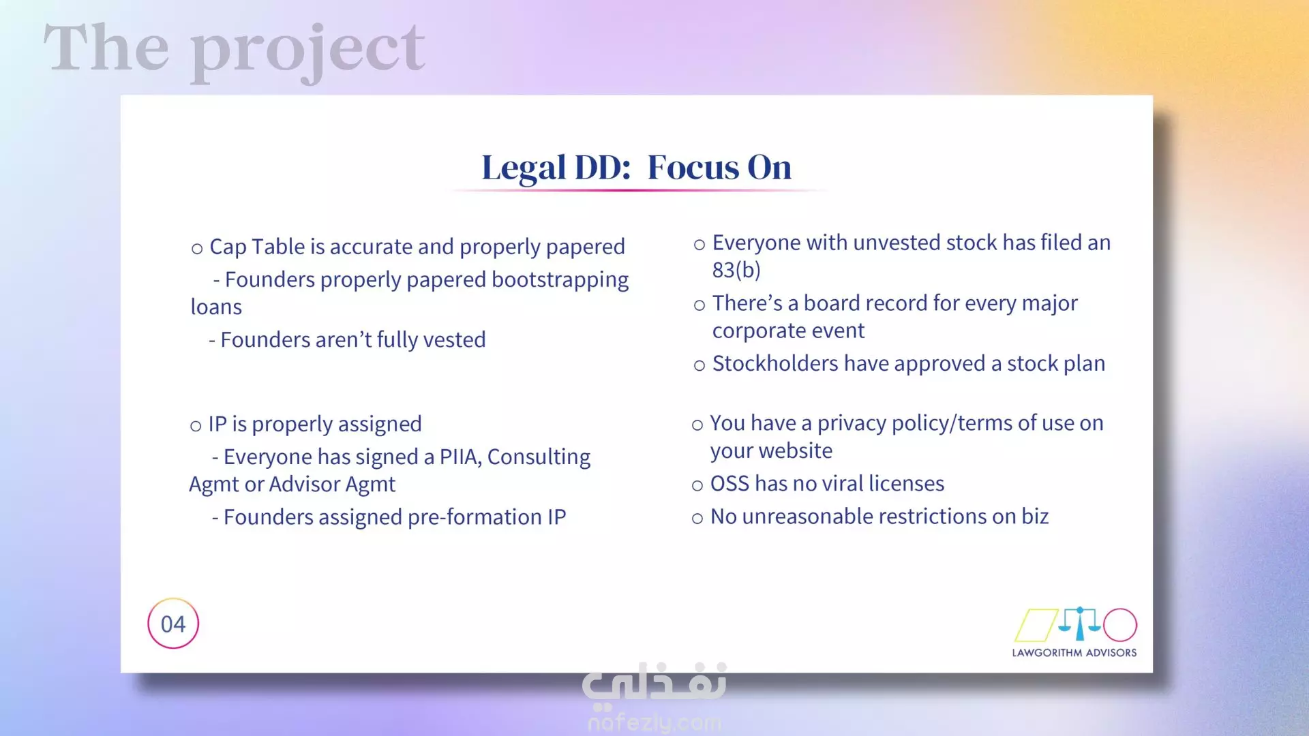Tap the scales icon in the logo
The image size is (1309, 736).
(x=1079, y=623)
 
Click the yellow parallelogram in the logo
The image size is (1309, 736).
(x=1036, y=625)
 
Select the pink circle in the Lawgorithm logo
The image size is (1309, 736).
(x=1120, y=625)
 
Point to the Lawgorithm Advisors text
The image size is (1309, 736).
(x=1074, y=653)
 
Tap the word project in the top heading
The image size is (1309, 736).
(x=307, y=49)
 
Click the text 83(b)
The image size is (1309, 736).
(x=736, y=270)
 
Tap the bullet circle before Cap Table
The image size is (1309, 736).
(x=197, y=249)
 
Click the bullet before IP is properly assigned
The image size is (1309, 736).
(x=196, y=427)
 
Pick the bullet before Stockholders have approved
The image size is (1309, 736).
(x=699, y=366)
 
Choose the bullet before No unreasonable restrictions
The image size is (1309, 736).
(x=697, y=519)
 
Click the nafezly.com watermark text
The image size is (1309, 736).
(x=654, y=722)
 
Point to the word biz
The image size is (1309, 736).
(x=1035, y=517)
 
